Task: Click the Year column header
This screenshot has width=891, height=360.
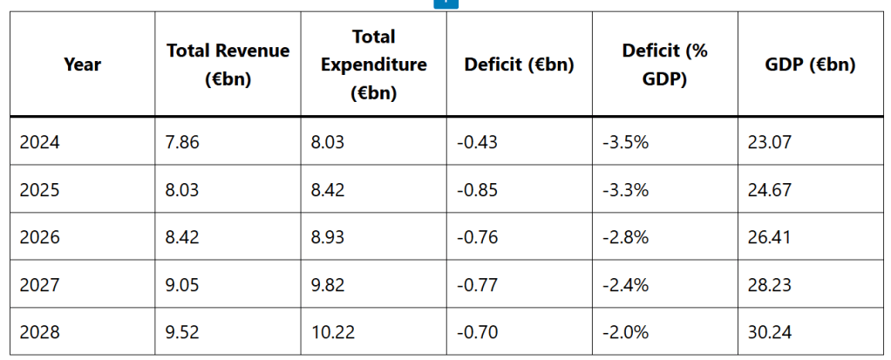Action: point(82,65)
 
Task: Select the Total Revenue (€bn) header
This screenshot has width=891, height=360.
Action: point(228,65)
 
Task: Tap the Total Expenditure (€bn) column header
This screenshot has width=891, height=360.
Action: point(373,65)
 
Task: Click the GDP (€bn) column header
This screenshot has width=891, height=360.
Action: point(810,65)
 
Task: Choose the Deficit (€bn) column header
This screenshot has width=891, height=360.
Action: point(519,65)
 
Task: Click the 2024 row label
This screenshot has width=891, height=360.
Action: point(40,141)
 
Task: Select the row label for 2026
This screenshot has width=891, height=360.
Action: point(40,236)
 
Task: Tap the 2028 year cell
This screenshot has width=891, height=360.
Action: point(40,332)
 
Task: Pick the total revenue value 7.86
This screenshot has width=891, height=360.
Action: point(182,141)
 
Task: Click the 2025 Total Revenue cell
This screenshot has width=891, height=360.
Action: point(182,189)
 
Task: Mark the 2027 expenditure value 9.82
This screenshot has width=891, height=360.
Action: point(328,284)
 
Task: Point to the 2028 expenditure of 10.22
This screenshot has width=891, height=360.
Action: point(332,332)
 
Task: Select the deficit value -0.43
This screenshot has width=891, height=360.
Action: point(477,141)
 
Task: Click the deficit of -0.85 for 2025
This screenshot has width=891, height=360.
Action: point(477,189)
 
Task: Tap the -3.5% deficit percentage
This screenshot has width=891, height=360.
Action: point(625,141)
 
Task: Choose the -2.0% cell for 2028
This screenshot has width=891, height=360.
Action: point(625,332)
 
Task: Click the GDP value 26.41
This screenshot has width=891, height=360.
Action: point(769,236)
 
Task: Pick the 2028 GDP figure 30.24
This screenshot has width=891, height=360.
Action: point(769,332)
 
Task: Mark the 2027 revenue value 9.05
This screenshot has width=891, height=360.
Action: point(182,284)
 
